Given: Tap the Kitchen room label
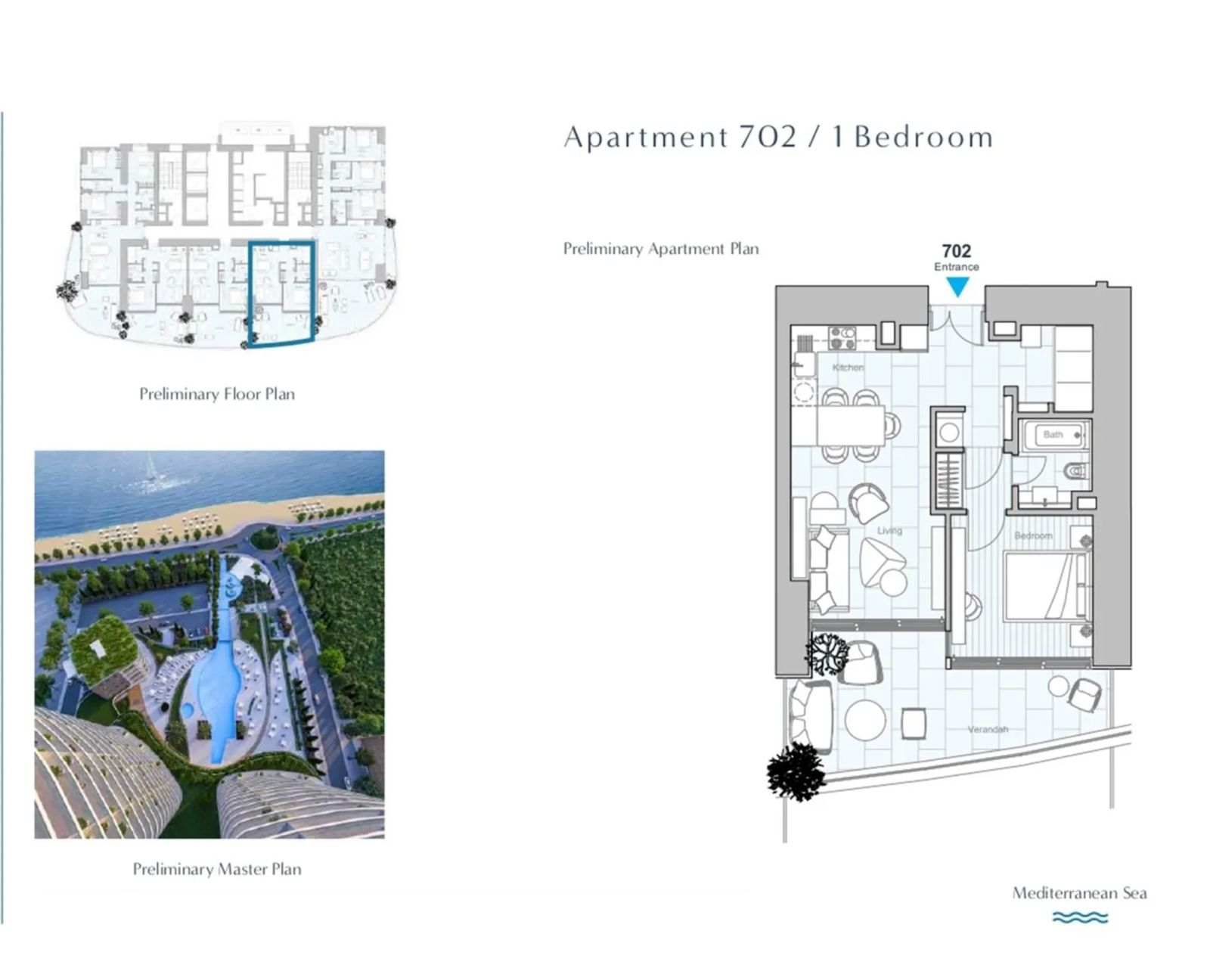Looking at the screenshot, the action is pyautogui.click(x=848, y=368).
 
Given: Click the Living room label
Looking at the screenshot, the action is pyautogui.click(x=889, y=530).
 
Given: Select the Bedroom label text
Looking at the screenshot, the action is pyautogui.click(x=1033, y=536).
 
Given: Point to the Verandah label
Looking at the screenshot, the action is pyautogui.click(x=988, y=729).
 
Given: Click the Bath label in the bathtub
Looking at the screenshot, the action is pyautogui.click(x=1053, y=435).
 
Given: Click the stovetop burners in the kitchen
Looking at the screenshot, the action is pyautogui.click(x=842, y=339).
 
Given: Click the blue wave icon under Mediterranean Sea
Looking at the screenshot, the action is pyautogui.click(x=1080, y=917).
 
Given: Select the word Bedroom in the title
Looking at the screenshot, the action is pyautogui.click(x=924, y=138).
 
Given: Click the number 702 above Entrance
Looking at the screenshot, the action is pyautogui.click(x=957, y=251).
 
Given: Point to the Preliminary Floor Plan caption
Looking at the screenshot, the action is pyautogui.click(x=217, y=394).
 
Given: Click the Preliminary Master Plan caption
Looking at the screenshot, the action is pyautogui.click(x=217, y=869).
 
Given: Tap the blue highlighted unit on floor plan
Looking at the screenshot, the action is pyautogui.click(x=281, y=293).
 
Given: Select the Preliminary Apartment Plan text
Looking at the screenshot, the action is pyautogui.click(x=661, y=249).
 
